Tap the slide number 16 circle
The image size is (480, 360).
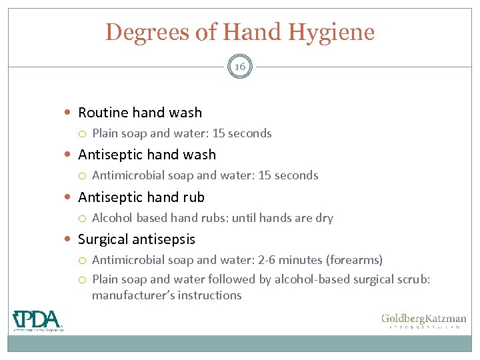240,67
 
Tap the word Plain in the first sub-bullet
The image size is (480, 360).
105,133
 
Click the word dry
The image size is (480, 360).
323,218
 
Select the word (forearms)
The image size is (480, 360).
357,260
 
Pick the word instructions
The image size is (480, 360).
209,295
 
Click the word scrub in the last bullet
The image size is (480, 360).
413,279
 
